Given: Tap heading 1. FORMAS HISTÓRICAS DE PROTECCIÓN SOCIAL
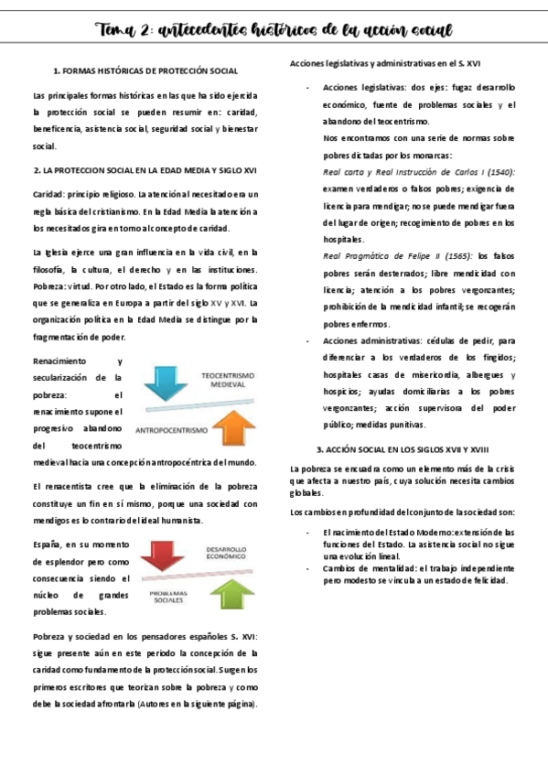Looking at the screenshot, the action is (x=145, y=70).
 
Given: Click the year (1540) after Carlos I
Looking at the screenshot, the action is (x=500, y=172).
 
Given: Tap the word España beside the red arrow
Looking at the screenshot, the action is (x=48, y=545).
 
